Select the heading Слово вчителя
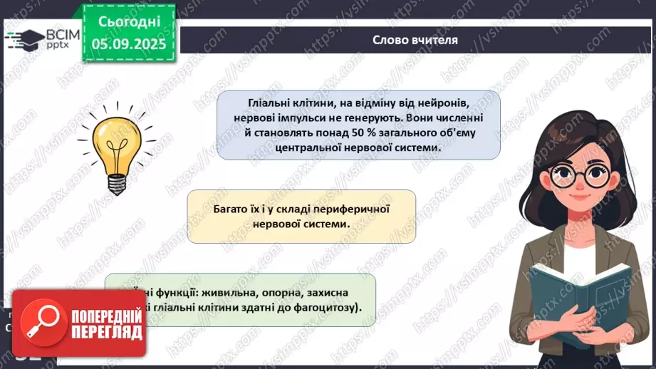pyautogui.click(x=415, y=39)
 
